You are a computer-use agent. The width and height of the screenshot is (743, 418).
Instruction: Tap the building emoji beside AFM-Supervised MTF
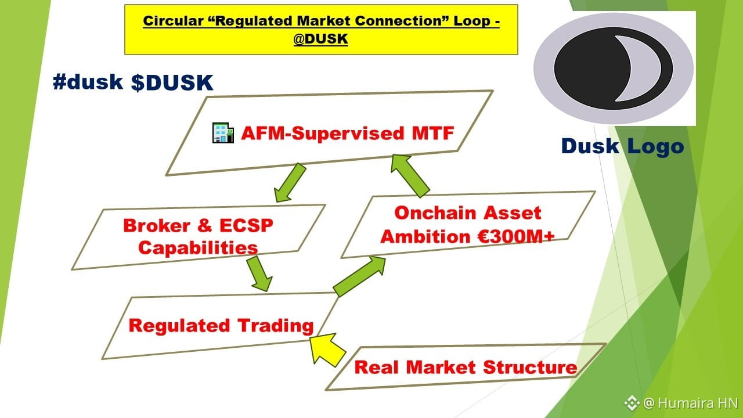[223, 133]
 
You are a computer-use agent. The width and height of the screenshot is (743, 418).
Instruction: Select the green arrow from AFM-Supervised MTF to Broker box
[290, 183]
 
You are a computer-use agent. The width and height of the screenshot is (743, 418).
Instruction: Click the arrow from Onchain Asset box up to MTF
[410, 175]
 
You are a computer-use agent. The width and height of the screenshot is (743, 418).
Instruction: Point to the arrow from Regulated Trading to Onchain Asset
[359, 276]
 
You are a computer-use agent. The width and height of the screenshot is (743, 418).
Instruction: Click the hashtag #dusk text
[88, 82]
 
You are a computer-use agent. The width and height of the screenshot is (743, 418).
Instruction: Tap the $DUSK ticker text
[172, 82]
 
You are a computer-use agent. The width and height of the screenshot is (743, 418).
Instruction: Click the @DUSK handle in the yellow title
[321, 39]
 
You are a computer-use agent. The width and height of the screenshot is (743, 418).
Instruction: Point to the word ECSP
[247, 226]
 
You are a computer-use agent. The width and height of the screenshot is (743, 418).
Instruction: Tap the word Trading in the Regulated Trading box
[276, 326]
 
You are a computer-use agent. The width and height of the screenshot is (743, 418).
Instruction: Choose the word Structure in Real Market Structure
[530, 367]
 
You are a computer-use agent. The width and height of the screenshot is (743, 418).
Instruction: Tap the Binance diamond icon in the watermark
[632, 403]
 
